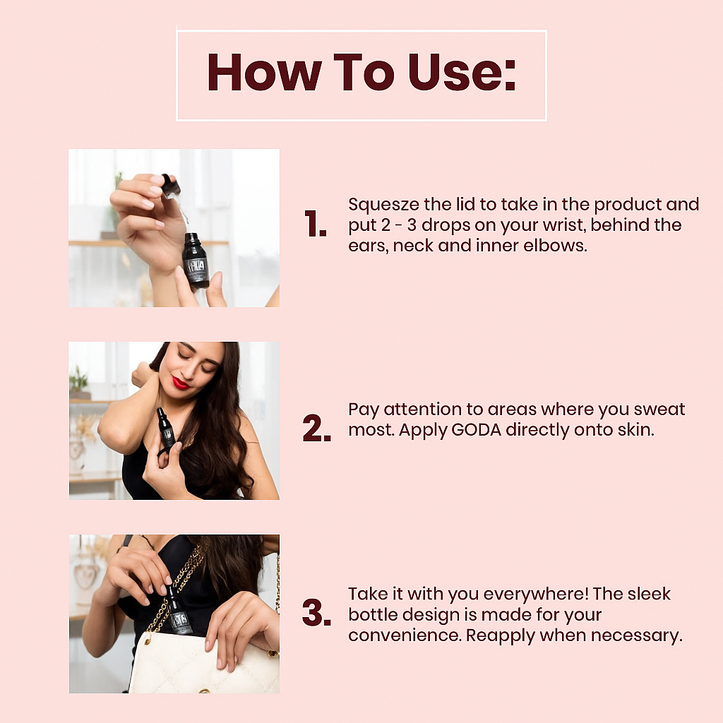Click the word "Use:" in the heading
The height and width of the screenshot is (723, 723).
pyautogui.click(x=462, y=73)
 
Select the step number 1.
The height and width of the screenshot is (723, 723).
pyautogui.click(x=316, y=224)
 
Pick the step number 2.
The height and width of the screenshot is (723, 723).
pyautogui.click(x=317, y=429)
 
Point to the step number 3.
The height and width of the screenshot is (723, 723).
pyautogui.click(x=317, y=613)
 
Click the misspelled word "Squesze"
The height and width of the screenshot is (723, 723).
pyautogui.click(x=383, y=205)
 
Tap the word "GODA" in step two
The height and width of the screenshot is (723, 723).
pyautogui.click(x=477, y=430)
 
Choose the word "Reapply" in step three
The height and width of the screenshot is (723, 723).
pyautogui.click(x=501, y=636)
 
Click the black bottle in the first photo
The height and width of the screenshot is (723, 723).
pyautogui.click(x=196, y=260)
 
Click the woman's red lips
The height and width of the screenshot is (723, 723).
pyautogui.click(x=180, y=382)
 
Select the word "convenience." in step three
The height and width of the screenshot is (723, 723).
pyautogui.click(x=405, y=636)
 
